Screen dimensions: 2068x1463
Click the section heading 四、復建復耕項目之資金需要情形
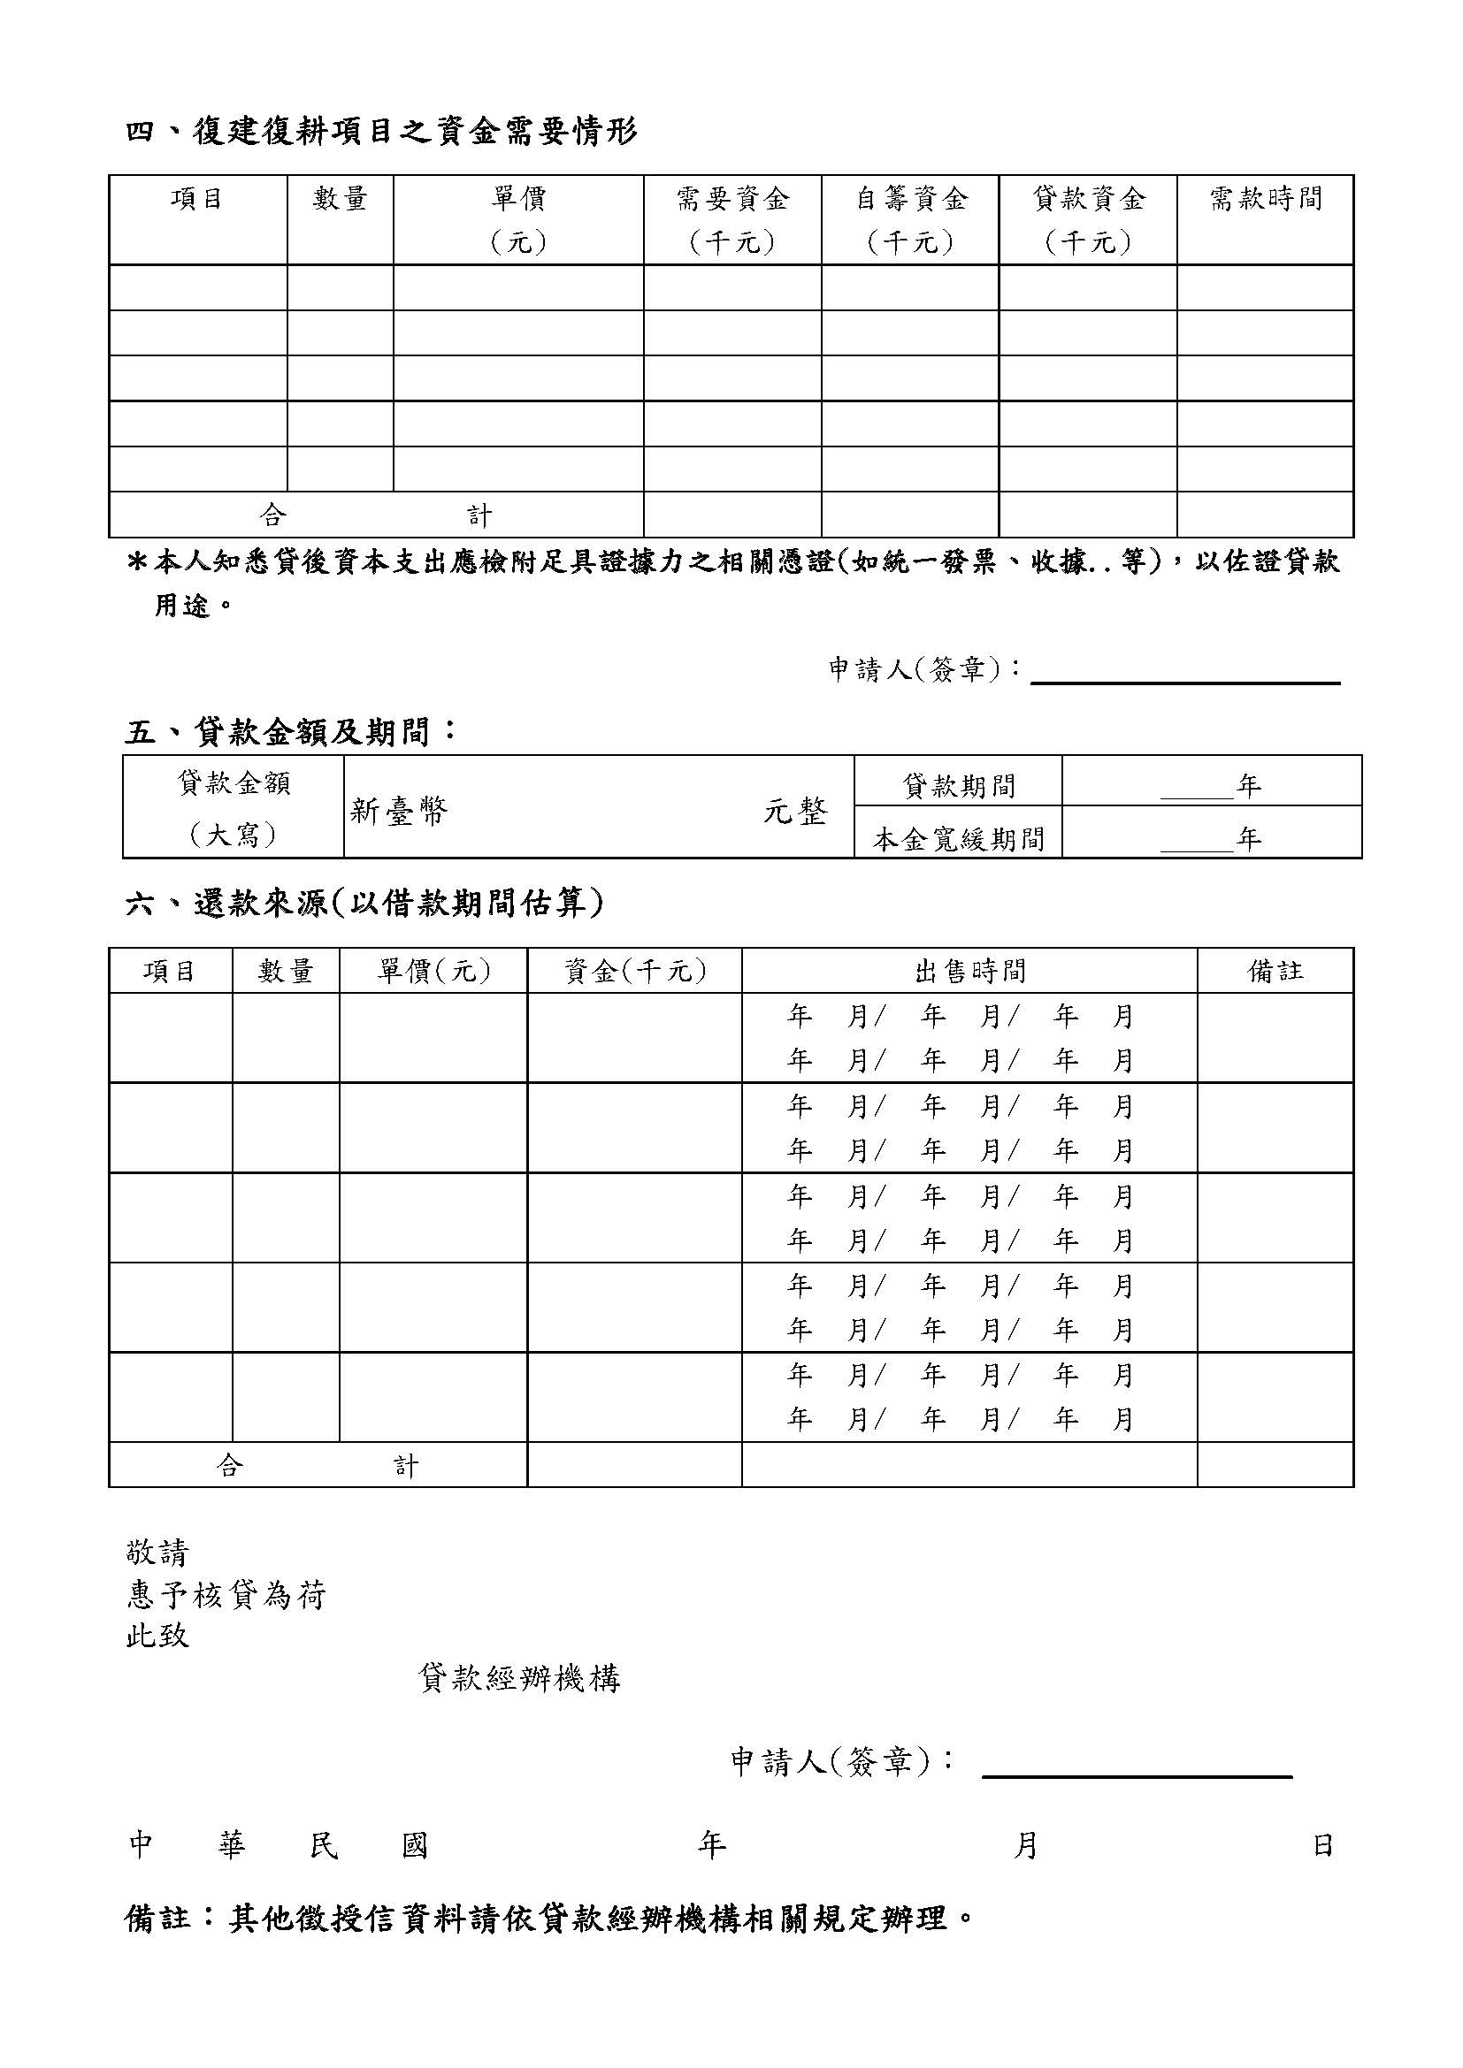[381, 133]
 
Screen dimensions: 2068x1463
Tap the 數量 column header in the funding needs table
[340, 199]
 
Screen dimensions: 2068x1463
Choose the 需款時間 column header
[1265, 199]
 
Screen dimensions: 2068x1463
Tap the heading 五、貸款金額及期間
[290, 731]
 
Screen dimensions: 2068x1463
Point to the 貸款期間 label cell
[958, 786]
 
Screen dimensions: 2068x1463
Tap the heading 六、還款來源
[364, 903]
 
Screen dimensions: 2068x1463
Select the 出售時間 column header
[969, 971]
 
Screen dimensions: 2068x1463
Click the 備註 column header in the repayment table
[1275, 971]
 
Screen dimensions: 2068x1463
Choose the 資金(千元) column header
[634, 971]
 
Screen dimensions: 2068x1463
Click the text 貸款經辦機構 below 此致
[520, 1678]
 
